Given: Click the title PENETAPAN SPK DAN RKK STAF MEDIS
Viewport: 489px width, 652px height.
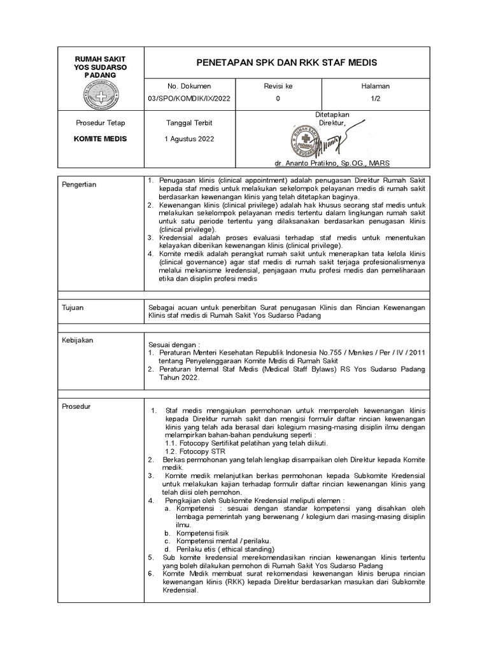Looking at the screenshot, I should point(287,62).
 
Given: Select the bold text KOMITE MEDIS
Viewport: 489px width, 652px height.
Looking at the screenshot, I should point(101,139).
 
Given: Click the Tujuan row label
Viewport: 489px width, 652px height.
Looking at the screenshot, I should point(73,308).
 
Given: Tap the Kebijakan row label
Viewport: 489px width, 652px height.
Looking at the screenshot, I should point(78,340).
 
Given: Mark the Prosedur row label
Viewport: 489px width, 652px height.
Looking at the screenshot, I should point(76,406).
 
